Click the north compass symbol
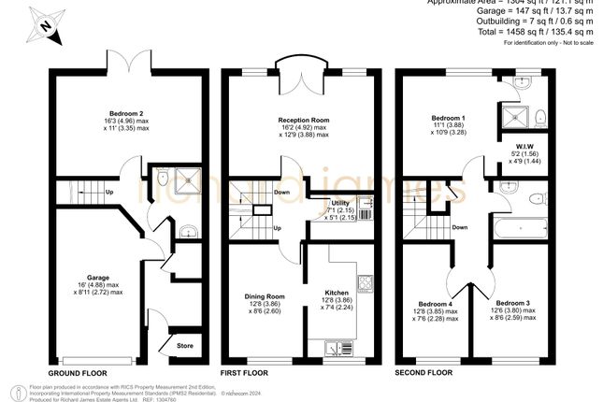[44, 28]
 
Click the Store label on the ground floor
[185, 346]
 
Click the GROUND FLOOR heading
[79, 373]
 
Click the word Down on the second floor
[460, 227]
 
